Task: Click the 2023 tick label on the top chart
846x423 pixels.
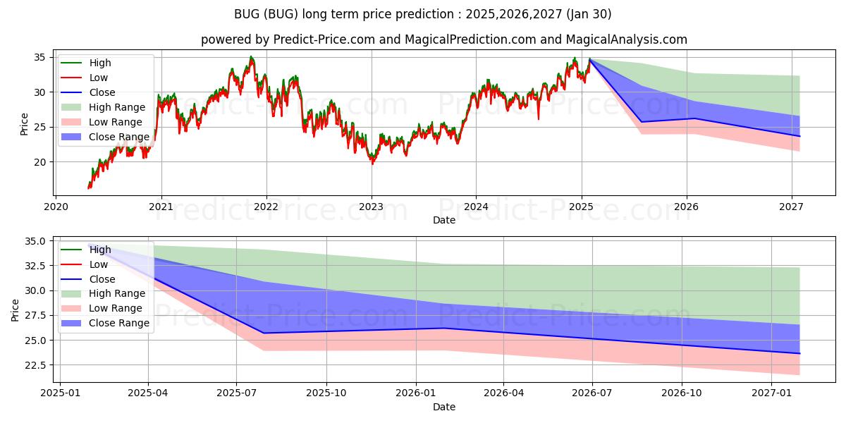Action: (x=372, y=207)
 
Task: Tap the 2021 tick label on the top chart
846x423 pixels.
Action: (x=161, y=207)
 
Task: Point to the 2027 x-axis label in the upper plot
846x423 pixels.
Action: (x=792, y=207)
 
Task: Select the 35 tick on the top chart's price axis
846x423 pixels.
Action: (x=39, y=57)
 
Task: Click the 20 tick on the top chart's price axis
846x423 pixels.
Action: (x=39, y=162)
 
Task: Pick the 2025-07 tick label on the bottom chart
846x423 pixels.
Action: (x=236, y=393)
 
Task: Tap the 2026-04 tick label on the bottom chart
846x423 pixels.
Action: (x=503, y=393)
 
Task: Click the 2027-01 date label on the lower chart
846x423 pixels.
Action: (x=771, y=393)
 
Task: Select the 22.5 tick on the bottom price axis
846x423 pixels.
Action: (x=35, y=365)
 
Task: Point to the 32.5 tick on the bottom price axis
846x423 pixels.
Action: (x=35, y=266)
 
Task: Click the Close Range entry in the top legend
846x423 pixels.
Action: (x=105, y=137)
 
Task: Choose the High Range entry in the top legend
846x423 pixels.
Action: (x=103, y=107)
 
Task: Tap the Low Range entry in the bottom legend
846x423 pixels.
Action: (x=102, y=308)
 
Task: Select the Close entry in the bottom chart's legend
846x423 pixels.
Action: (x=88, y=279)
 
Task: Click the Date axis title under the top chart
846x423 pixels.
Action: (x=443, y=220)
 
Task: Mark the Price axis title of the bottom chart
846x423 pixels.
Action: (x=15, y=310)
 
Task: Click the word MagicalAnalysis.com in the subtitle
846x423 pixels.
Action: (x=626, y=39)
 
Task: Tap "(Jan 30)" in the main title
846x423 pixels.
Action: (x=589, y=14)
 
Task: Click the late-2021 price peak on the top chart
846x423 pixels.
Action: (x=251, y=56)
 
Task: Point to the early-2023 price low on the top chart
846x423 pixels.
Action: (x=372, y=164)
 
